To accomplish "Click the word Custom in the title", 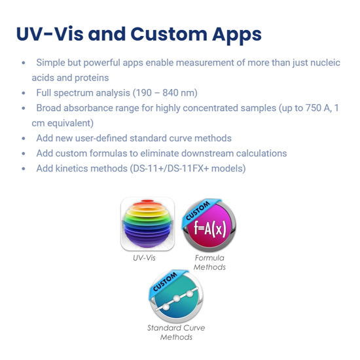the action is (x=169, y=34).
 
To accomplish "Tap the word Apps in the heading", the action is (x=237, y=35).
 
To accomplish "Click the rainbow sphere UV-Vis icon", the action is (x=147, y=224).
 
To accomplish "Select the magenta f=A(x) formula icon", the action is (x=209, y=225).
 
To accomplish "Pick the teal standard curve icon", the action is (x=176, y=297).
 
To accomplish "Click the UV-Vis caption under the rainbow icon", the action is (x=144, y=258).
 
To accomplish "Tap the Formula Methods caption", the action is (x=209, y=262).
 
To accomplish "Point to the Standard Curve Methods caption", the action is (x=176, y=333).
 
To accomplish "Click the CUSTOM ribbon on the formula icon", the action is (x=198, y=211).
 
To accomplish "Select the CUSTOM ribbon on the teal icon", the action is (x=166, y=281).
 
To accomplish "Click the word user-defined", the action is (x=101, y=138).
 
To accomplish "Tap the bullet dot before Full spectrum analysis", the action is (x=24, y=93).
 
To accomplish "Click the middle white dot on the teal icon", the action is (x=177, y=298).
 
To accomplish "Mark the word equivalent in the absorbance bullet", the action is (x=70, y=123).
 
